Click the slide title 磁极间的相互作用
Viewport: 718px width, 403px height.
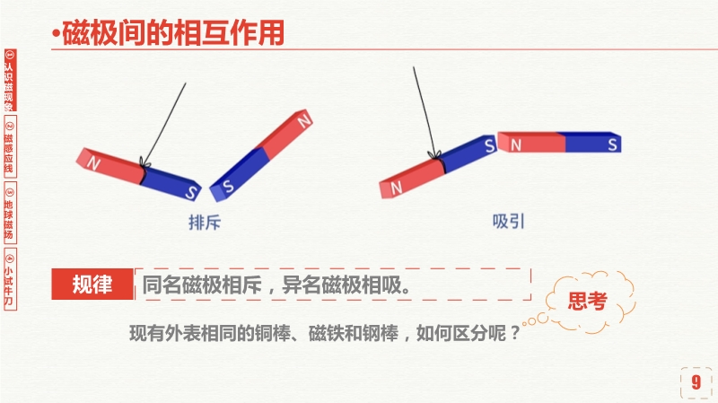pos(173,33)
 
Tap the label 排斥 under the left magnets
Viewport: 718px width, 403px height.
pos(205,223)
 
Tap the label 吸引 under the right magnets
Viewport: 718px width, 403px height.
pos(508,222)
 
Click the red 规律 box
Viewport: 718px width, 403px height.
pos(92,284)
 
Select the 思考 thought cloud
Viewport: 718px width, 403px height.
pos(588,301)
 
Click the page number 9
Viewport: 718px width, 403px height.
pos(696,382)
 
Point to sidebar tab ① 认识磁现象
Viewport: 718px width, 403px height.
pos(10,80)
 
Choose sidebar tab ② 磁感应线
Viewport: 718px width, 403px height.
pos(10,146)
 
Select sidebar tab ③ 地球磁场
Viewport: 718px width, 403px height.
pos(10,213)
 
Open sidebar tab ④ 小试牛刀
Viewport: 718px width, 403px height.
pos(10,279)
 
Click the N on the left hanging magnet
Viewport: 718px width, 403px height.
pos(93,163)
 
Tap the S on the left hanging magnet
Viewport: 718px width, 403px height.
pos(191,192)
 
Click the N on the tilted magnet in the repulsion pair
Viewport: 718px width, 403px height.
pos(304,121)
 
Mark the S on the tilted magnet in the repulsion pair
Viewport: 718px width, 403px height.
pos(228,186)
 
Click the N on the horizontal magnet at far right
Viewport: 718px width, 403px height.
pos(516,145)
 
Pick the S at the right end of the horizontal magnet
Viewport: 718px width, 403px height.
pos(612,145)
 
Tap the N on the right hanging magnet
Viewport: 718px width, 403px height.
pos(397,187)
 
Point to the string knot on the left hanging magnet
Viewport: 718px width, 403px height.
pos(144,163)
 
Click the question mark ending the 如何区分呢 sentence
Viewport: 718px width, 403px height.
pos(515,333)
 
